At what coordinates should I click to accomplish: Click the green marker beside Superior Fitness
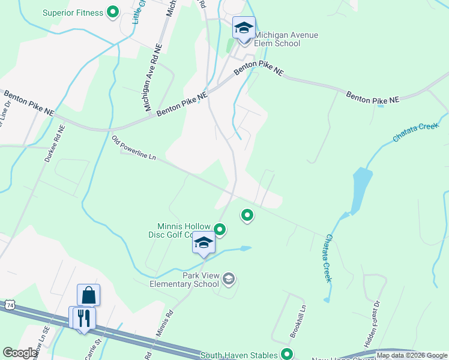tap(112, 12)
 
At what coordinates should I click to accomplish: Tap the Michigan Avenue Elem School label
tap(286, 39)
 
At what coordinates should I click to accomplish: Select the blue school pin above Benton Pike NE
tap(244, 28)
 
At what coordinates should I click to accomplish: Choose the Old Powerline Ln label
tap(134, 148)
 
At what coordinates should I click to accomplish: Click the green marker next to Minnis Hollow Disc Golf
tap(220, 229)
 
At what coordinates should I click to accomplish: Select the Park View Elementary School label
tap(183, 280)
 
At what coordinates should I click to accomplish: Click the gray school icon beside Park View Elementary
tap(228, 278)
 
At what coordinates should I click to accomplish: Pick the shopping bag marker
tap(88, 295)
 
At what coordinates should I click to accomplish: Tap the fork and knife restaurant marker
tap(83, 317)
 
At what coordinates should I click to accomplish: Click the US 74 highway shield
tap(9, 305)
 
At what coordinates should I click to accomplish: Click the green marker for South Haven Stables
tap(288, 355)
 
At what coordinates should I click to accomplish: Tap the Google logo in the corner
tap(20, 353)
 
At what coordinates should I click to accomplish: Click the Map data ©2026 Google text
tap(412, 356)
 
